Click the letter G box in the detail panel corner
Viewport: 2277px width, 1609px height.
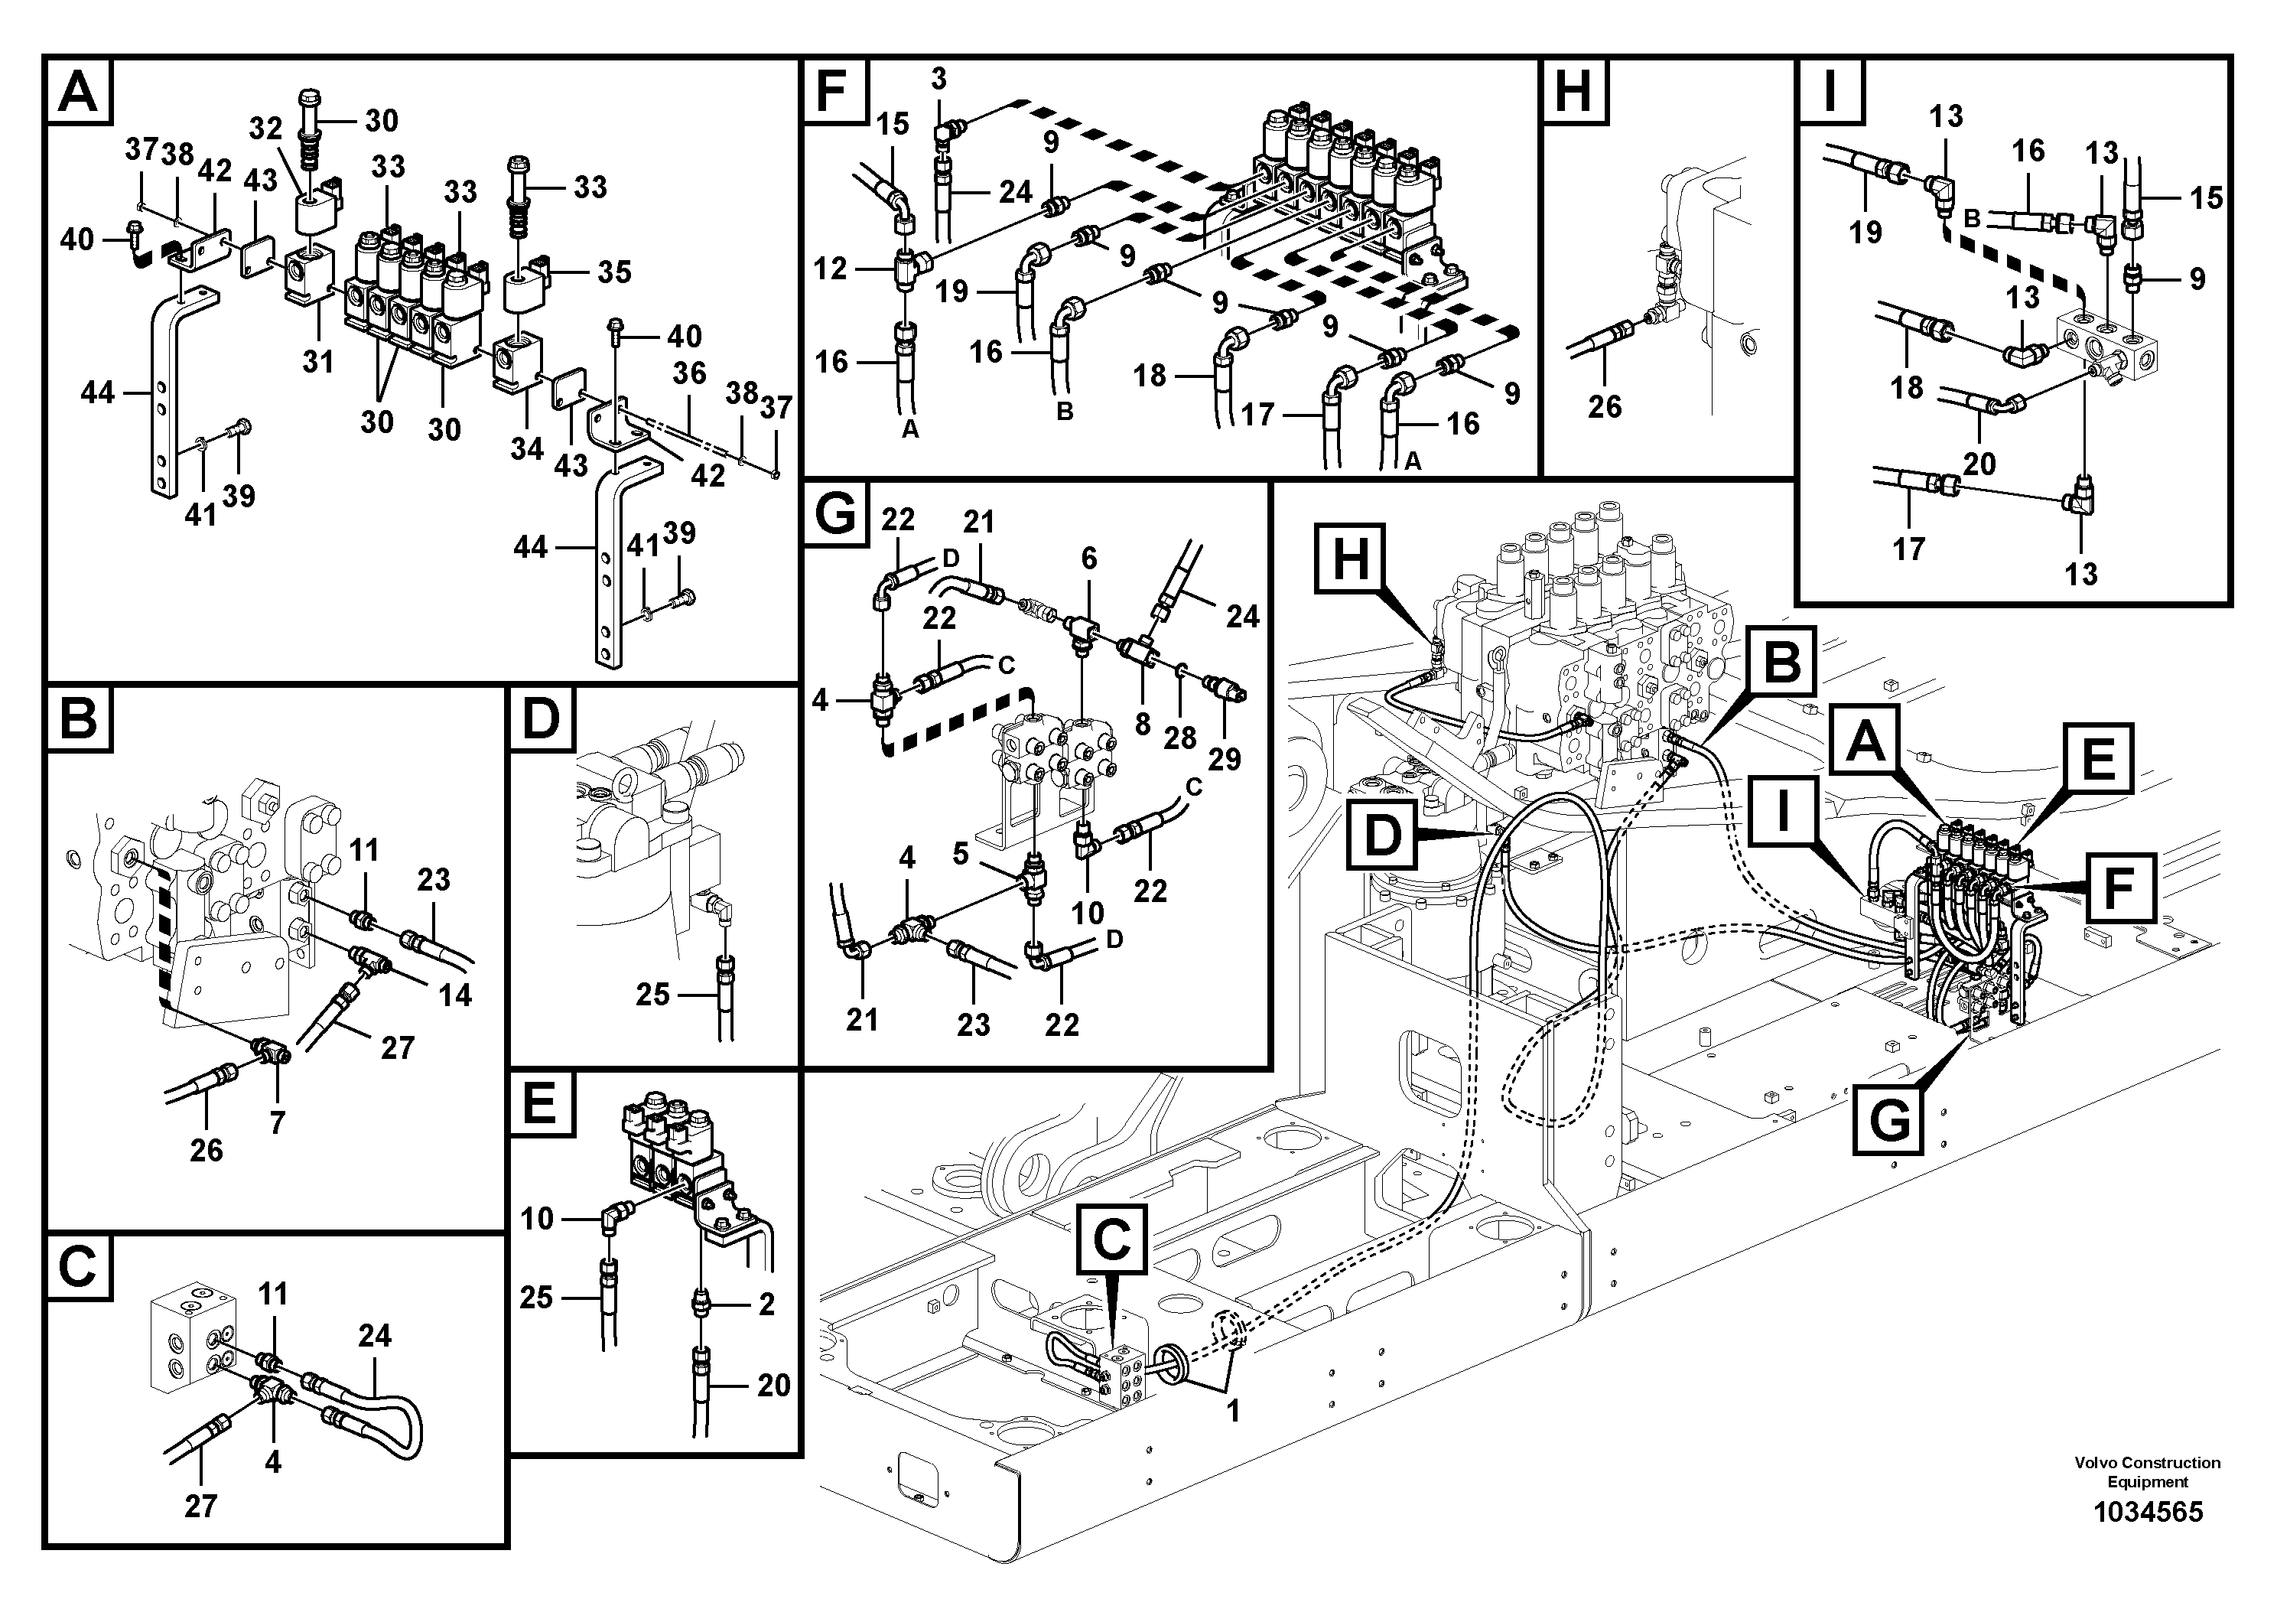click(x=835, y=515)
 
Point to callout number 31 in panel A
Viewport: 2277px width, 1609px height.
click(x=318, y=362)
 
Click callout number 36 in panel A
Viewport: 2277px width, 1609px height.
click(x=688, y=373)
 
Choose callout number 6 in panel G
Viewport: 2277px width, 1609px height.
click(x=1089, y=559)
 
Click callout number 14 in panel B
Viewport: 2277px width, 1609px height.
click(x=455, y=994)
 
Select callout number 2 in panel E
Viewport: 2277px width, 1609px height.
click(x=766, y=1304)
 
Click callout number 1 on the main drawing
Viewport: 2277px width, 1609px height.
click(x=1233, y=1411)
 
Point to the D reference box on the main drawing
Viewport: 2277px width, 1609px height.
click(x=1382, y=836)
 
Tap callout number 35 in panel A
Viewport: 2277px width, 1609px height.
click(x=614, y=272)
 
